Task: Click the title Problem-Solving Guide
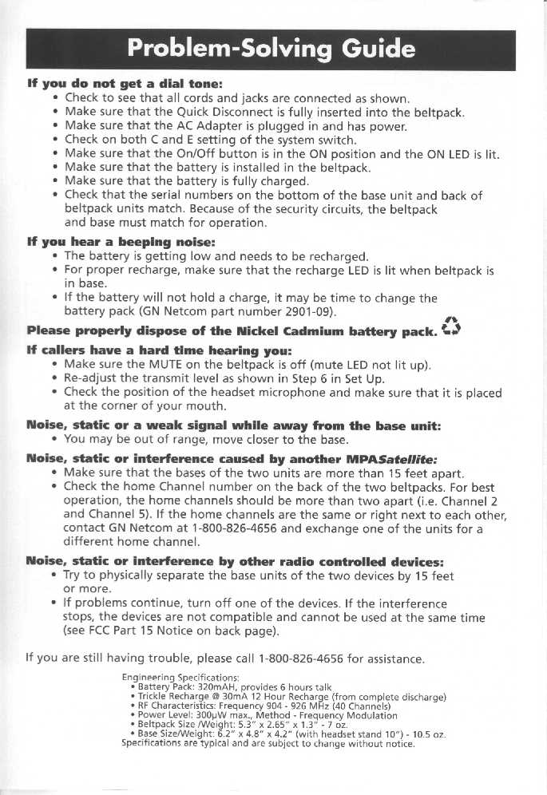pos(272,49)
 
